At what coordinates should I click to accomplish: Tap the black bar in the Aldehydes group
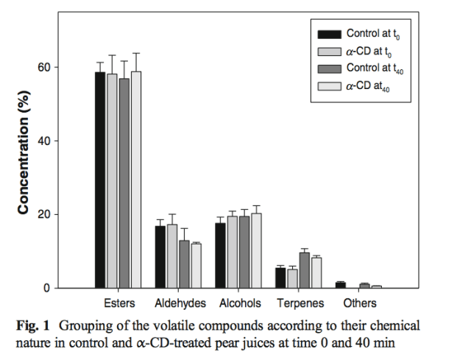coord(160,257)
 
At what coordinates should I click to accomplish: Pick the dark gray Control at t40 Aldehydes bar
coord(184,264)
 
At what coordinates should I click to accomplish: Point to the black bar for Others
coord(340,285)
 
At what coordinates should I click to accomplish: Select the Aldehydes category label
coord(180,303)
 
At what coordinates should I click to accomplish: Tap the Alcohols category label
coord(239,303)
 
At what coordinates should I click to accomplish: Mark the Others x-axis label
coord(360,303)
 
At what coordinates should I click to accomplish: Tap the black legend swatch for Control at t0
coord(328,34)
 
